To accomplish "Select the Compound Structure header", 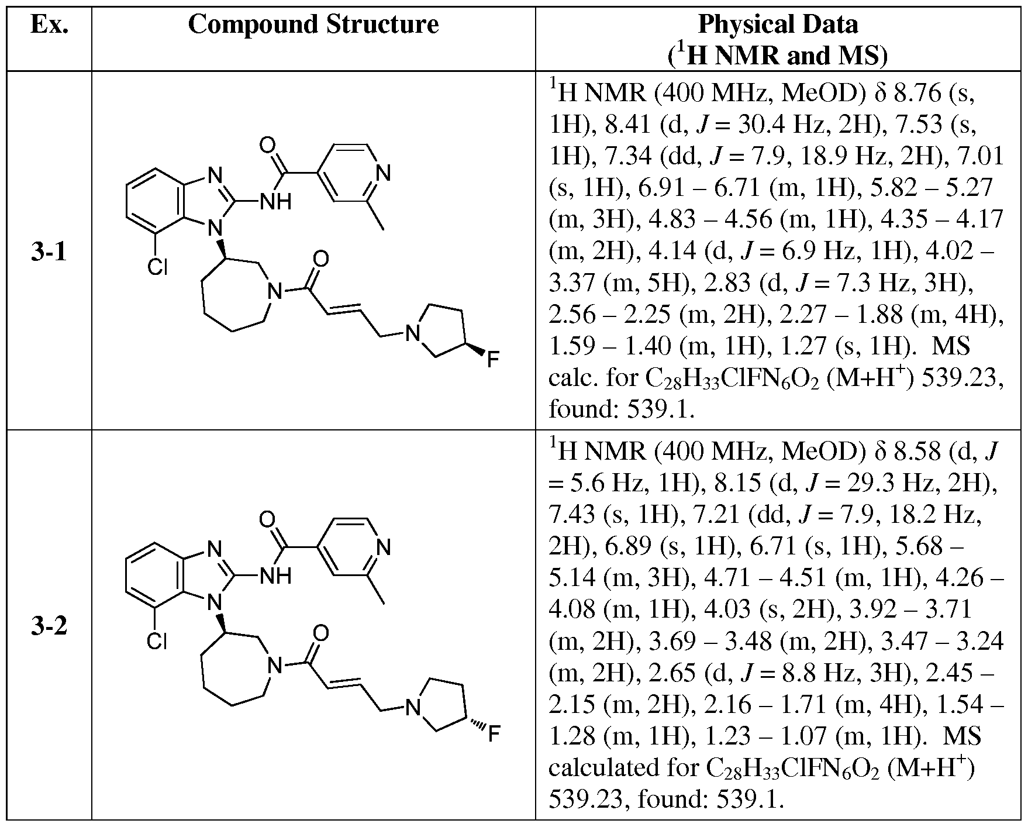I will (x=313, y=25).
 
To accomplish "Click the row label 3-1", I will (x=49, y=253).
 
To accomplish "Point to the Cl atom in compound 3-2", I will (x=157, y=642).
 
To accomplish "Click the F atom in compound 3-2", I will (x=493, y=733).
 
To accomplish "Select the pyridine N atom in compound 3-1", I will (x=384, y=174).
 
